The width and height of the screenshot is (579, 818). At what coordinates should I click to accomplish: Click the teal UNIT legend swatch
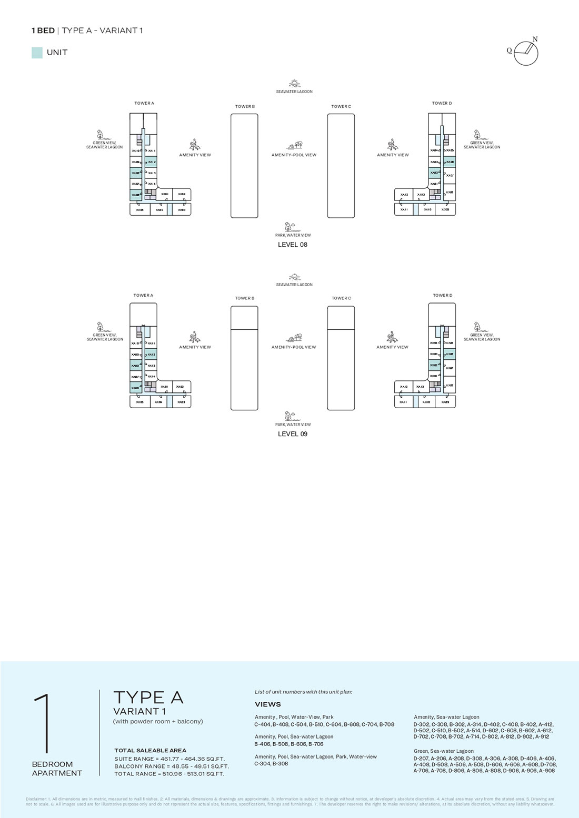[37, 53]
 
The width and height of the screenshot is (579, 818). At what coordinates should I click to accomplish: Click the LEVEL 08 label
[293, 245]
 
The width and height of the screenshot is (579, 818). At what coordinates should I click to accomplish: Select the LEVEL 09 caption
[293, 434]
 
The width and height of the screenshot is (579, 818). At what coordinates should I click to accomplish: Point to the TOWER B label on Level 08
[245, 106]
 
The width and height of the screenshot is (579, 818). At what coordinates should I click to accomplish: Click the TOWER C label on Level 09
[341, 298]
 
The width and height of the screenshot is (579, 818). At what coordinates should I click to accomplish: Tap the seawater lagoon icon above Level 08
[294, 84]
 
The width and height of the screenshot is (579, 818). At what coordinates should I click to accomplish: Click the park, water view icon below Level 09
[289, 416]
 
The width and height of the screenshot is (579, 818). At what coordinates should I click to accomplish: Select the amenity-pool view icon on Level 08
[294, 145]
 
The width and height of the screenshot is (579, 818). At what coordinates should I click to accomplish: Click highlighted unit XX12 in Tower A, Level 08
[152, 162]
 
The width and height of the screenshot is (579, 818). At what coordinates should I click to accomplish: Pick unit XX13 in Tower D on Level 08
[421, 195]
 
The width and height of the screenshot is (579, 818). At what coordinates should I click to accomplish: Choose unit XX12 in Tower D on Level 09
[404, 387]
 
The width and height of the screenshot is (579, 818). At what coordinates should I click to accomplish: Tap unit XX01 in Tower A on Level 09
[164, 387]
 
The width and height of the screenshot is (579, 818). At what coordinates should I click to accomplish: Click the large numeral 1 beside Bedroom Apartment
[44, 723]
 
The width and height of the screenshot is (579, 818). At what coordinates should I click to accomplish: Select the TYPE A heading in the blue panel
[148, 698]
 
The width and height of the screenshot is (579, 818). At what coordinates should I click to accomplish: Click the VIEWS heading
[268, 704]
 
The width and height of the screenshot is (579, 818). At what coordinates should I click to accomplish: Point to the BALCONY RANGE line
[172, 766]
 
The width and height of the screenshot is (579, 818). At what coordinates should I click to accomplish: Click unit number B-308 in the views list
[280, 764]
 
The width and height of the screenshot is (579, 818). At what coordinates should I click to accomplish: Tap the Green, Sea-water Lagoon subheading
[444, 751]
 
